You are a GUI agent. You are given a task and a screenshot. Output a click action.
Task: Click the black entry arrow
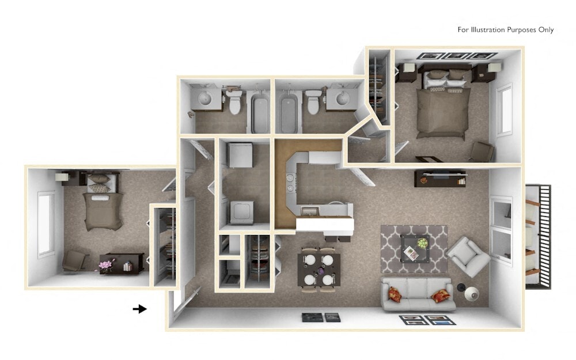click(140, 309)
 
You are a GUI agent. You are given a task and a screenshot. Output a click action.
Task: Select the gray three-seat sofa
click(418, 294)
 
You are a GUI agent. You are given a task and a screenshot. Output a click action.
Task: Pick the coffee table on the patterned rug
click(416, 248)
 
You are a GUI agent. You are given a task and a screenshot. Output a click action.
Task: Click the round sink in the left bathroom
click(205, 99)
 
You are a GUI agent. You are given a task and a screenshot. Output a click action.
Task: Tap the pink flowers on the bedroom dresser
click(105, 265)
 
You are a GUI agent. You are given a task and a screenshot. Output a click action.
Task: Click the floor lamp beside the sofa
click(470, 294)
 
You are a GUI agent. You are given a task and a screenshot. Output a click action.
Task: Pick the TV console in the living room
click(439, 178)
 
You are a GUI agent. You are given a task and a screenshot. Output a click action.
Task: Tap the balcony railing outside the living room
click(539, 236)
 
